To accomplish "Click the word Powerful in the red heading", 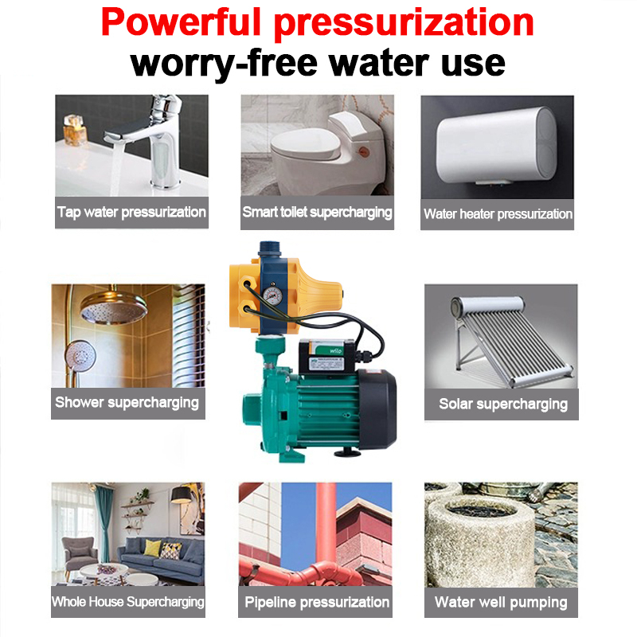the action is click(181, 23).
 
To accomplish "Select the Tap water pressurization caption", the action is click(131, 212).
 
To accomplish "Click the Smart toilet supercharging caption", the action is click(317, 212).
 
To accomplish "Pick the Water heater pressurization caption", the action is click(498, 214).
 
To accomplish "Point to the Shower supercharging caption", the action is click(127, 403).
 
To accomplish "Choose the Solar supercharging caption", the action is click(503, 404).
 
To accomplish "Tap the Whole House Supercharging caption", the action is click(128, 602).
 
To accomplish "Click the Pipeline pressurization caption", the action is click(317, 602).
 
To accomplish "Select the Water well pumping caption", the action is click(501, 603).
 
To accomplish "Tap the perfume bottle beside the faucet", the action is click(74, 130).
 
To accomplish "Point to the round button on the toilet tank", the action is click(362, 152).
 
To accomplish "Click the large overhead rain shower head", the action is click(114, 308).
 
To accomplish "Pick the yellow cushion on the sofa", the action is click(152, 548).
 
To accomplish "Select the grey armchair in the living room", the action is click(80, 553).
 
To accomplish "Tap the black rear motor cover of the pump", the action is click(377, 410).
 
